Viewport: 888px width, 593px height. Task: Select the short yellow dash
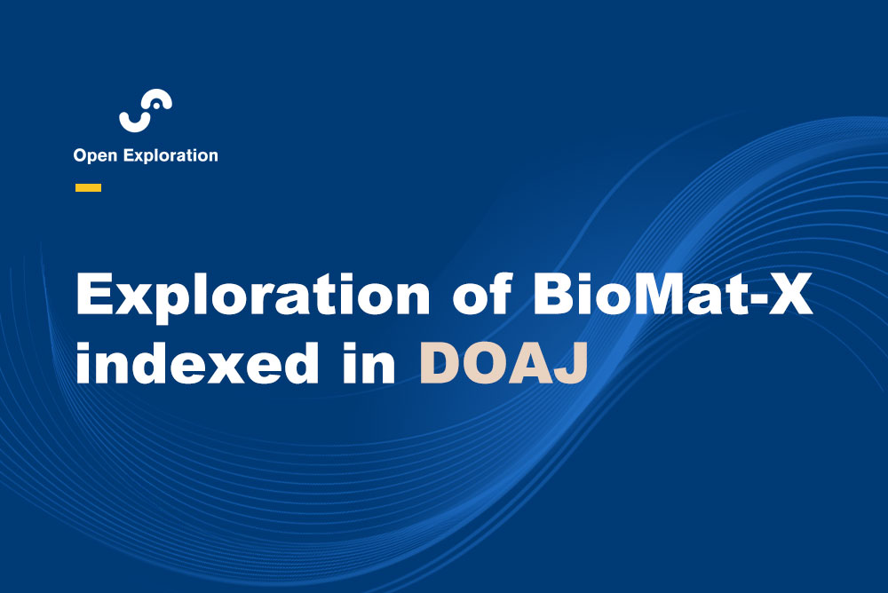(88, 188)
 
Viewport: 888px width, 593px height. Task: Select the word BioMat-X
(673, 294)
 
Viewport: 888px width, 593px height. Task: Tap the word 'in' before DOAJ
(369, 362)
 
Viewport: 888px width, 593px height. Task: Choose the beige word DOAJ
(503, 364)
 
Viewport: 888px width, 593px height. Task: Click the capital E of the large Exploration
(95, 294)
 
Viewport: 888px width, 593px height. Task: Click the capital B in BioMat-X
(554, 294)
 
